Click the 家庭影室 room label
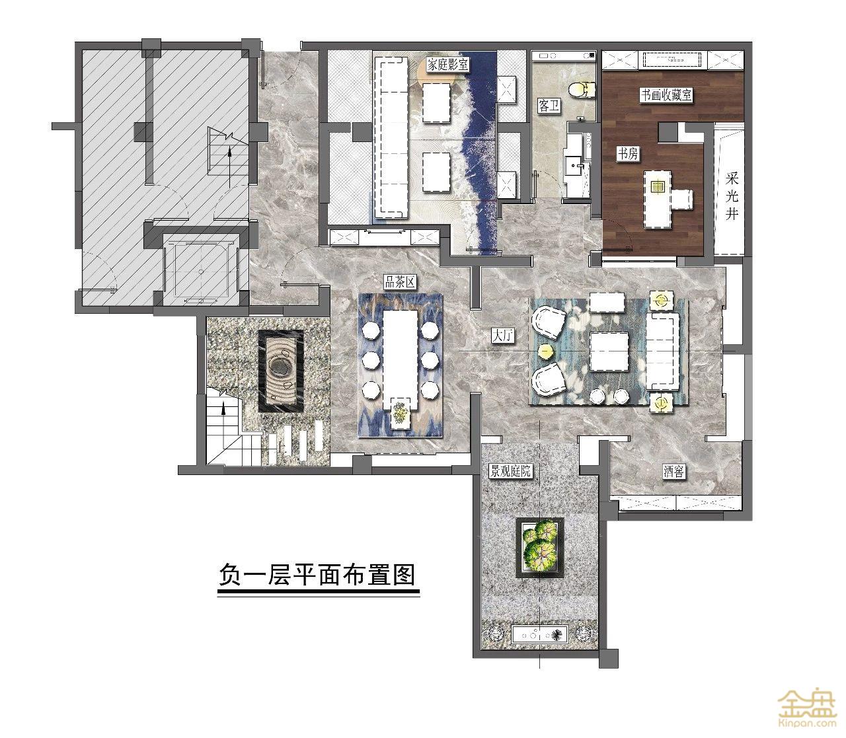point(448,65)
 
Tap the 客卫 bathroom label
point(549,106)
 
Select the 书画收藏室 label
point(666,95)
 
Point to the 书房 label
point(628,154)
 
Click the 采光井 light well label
point(732,196)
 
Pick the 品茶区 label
point(399,283)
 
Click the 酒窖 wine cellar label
point(673,472)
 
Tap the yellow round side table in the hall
point(546,352)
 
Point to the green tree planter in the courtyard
point(540,546)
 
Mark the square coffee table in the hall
point(609,351)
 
